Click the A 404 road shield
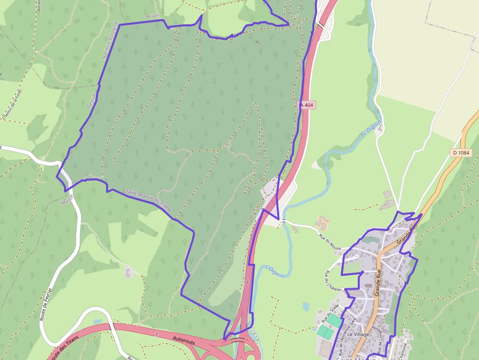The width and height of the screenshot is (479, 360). (x=307, y=105)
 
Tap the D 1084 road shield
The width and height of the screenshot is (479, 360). (x=461, y=153)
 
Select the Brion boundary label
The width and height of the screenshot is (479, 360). (x=153, y=16)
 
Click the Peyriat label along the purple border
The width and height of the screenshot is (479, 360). (x=90, y=100)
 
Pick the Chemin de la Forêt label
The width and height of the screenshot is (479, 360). (x=13, y=104)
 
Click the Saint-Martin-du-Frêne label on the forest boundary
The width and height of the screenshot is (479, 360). (x=148, y=200)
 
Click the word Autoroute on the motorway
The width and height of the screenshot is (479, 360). (x=184, y=339)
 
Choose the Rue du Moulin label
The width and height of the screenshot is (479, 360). (x=330, y=243)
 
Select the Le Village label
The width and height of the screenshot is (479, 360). (x=358, y=334)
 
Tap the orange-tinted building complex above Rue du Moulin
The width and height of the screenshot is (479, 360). (x=322, y=223)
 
